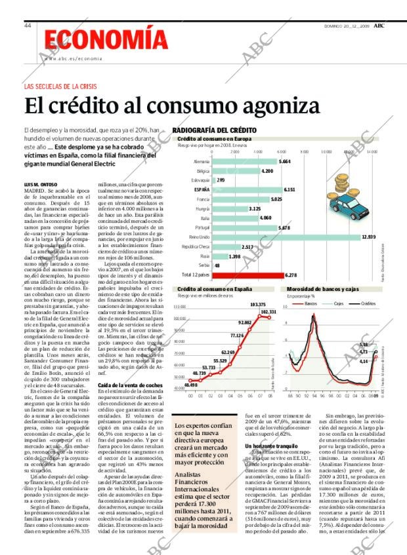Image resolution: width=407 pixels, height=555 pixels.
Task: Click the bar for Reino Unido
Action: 286,237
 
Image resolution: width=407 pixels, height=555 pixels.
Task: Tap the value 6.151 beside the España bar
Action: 289,189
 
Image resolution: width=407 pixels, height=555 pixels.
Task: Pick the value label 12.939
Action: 368,237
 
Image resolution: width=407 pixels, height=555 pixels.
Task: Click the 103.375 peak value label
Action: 258,305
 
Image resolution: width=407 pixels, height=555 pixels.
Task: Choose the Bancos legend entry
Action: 309,304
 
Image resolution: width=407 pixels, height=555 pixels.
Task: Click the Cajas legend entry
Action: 337,304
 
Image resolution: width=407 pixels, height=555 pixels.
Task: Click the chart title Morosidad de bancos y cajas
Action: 322,289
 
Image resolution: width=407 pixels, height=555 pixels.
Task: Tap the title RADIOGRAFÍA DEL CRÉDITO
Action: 214,130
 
